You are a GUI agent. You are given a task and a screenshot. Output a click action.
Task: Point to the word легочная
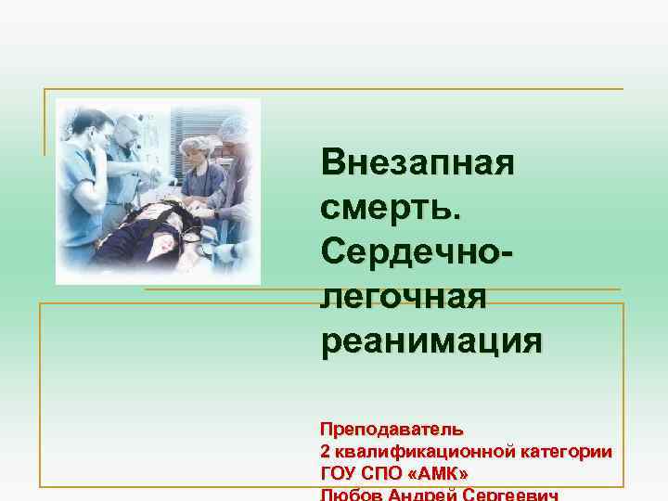coord(404,297)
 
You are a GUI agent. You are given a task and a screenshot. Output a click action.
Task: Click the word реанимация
coord(431,340)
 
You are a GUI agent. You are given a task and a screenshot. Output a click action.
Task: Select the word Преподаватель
coord(392,430)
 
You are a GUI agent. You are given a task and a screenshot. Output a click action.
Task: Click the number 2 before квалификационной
coord(325,452)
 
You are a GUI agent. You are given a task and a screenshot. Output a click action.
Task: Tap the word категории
coord(566,452)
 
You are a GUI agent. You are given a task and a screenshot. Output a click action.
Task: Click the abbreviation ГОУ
coord(338,473)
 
